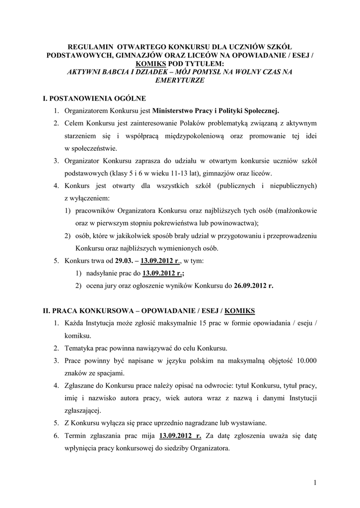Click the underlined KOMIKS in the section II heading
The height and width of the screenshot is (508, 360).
click(240, 311)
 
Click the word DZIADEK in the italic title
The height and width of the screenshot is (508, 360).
click(161, 72)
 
